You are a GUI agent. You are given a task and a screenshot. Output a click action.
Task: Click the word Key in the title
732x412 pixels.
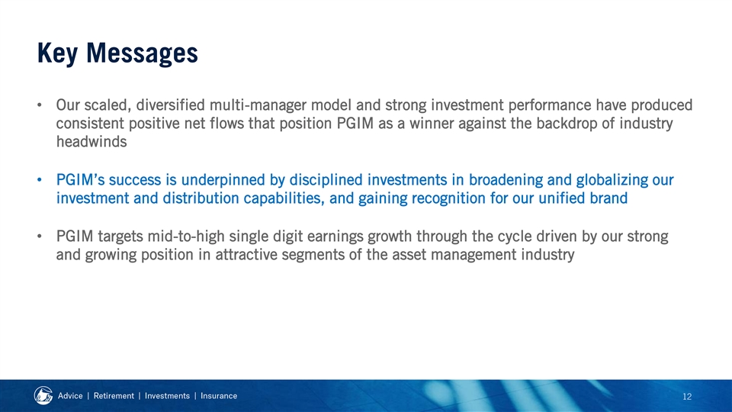pyautogui.click(x=57, y=53)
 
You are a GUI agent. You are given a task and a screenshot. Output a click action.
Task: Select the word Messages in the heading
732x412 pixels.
pyautogui.click(x=142, y=53)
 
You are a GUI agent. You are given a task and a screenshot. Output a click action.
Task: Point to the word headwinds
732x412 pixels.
pyautogui.click(x=91, y=142)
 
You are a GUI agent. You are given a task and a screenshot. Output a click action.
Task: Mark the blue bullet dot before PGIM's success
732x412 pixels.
pyautogui.click(x=40, y=180)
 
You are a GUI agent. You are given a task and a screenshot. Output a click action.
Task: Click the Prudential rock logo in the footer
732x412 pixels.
pyautogui.click(x=43, y=396)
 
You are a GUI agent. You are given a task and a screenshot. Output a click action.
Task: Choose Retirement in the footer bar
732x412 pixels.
pyautogui.click(x=114, y=396)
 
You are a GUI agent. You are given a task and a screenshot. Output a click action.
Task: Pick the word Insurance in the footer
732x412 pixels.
pyautogui.click(x=219, y=396)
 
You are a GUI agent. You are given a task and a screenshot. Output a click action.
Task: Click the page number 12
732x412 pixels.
pyautogui.click(x=687, y=397)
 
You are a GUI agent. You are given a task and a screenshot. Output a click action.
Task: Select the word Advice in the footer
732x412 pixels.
pyautogui.click(x=70, y=396)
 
